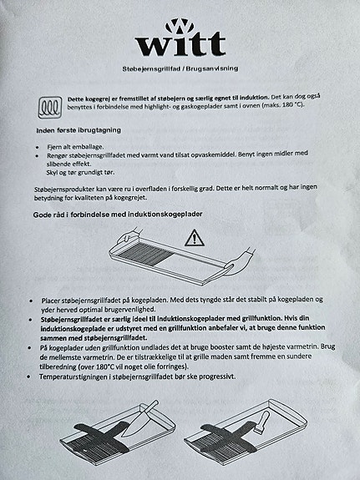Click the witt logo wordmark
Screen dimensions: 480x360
pyautogui.click(x=180, y=43)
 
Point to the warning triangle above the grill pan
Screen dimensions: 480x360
pyautogui.click(x=194, y=239)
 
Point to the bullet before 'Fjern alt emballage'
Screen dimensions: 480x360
pyautogui.click(x=38, y=146)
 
